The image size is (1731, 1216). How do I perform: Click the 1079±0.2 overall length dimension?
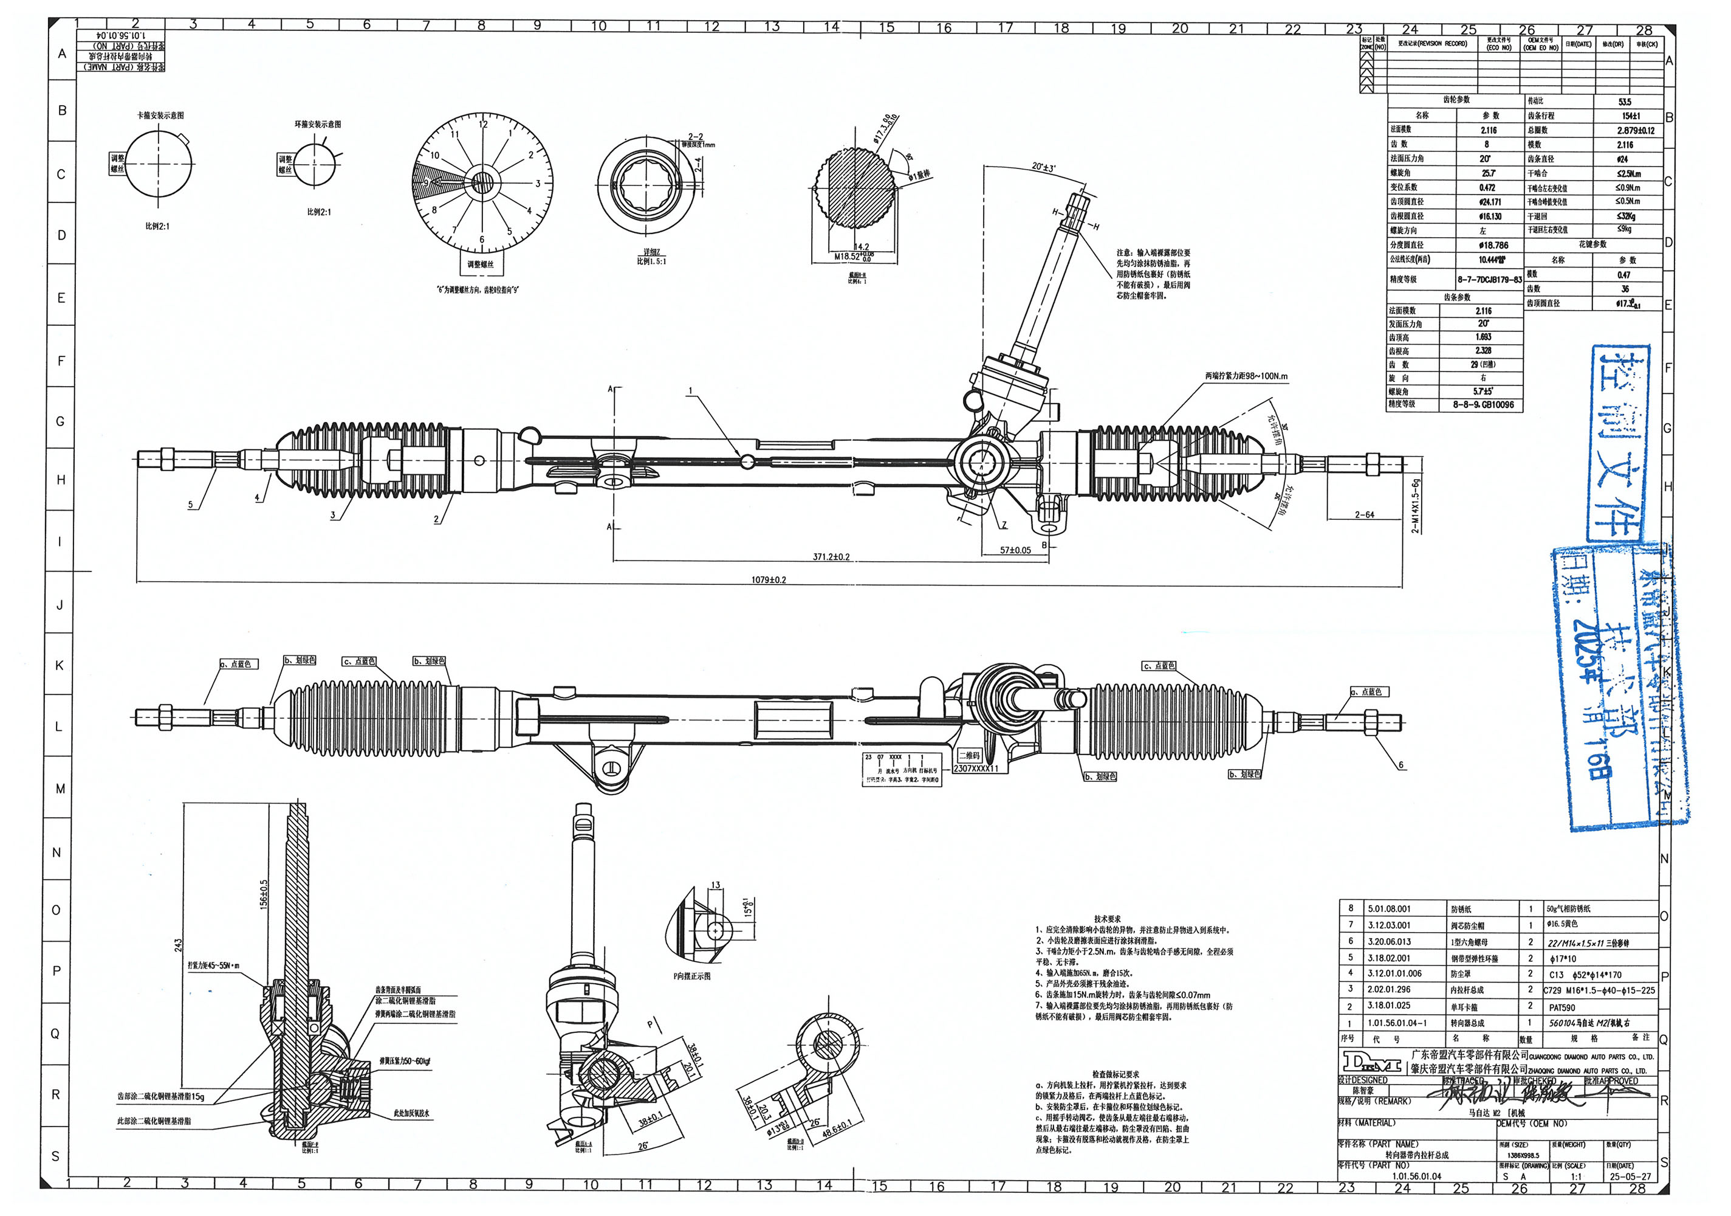[x=768, y=580]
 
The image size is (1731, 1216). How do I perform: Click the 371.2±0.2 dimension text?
[x=831, y=558]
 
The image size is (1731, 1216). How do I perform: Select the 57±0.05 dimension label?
[x=1015, y=551]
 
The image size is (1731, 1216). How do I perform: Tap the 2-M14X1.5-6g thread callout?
[x=1415, y=505]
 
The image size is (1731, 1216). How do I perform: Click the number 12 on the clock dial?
[x=483, y=125]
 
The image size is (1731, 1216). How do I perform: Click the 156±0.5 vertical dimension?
[x=263, y=893]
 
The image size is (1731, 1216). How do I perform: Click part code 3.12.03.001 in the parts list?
[x=1389, y=925]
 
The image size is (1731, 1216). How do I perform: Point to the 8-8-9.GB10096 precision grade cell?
[x=1483, y=405]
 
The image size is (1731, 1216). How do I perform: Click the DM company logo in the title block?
[x=1371, y=1063]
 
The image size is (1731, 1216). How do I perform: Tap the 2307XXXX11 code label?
[x=976, y=769]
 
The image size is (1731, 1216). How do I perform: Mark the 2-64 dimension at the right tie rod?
[x=1364, y=515]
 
